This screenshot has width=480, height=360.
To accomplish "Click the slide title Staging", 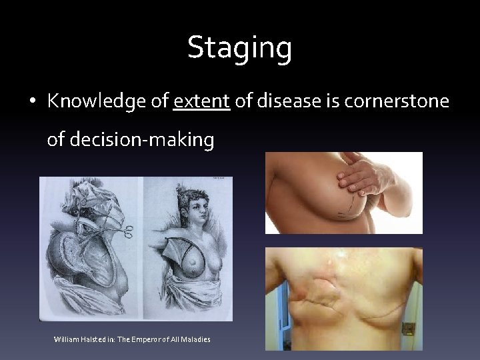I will coord(239,48).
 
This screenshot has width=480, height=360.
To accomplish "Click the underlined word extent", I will coord(201,101).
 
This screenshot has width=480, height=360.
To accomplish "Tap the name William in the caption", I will coord(66,340).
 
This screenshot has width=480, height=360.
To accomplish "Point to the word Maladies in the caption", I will coord(195,340).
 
